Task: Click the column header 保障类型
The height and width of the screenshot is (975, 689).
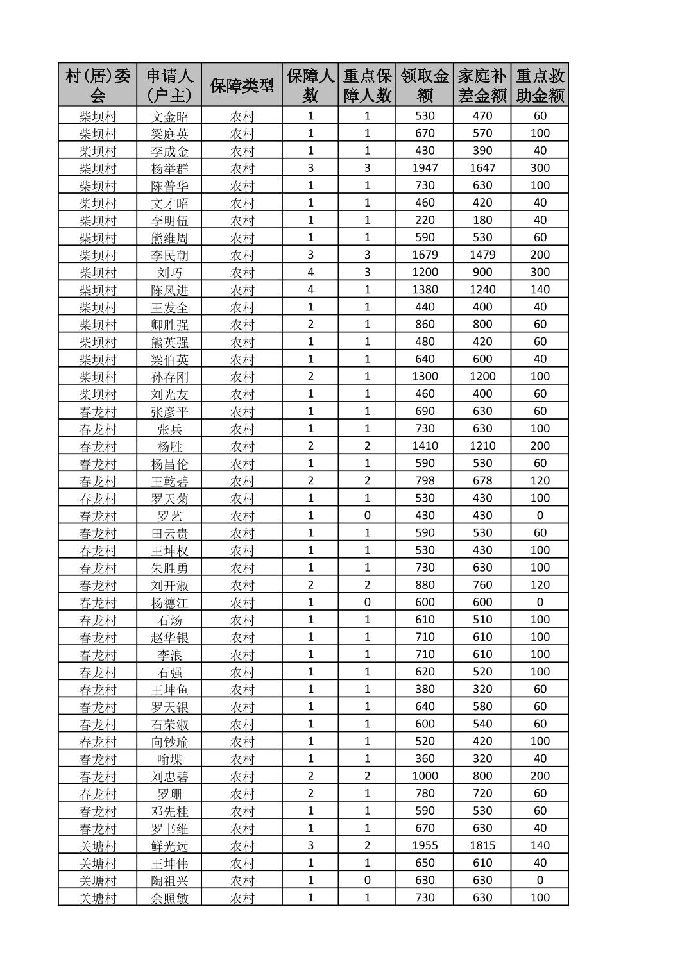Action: click(x=241, y=85)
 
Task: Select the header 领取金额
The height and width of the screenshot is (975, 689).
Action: click(x=424, y=85)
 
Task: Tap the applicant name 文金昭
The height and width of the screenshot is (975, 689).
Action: click(x=169, y=116)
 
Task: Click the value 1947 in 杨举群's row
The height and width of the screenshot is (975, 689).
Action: click(x=424, y=168)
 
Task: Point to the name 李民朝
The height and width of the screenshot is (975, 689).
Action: click(x=169, y=255)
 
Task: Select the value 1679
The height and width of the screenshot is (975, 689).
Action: click(x=424, y=255)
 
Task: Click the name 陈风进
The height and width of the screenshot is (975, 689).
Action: click(x=169, y=290)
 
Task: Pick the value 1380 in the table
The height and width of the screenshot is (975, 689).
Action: click(x=424, y=289)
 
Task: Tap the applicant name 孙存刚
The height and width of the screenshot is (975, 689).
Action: click(x=169, y=377)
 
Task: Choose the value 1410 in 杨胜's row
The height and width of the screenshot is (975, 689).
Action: click(x=424, y=446)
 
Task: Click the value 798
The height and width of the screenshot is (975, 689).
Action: click(x=424, y=480)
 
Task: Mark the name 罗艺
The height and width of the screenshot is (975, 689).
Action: click(x=169, y=516)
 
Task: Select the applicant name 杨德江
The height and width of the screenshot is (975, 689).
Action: click(x=169, y=602)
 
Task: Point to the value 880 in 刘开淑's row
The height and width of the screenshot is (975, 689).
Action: click(x=424, y=585)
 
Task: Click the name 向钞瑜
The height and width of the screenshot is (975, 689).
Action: click(x=169, y=742)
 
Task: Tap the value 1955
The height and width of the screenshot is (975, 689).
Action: click(x=424, y=845)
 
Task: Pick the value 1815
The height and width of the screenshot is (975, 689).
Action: click(x=482, y=845)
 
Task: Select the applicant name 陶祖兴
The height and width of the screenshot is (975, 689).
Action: click(x=169, y=881)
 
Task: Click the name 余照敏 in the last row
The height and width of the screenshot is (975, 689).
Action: click(x=169, y=898)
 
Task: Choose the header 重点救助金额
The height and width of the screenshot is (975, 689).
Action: click(x=540, y=85)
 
